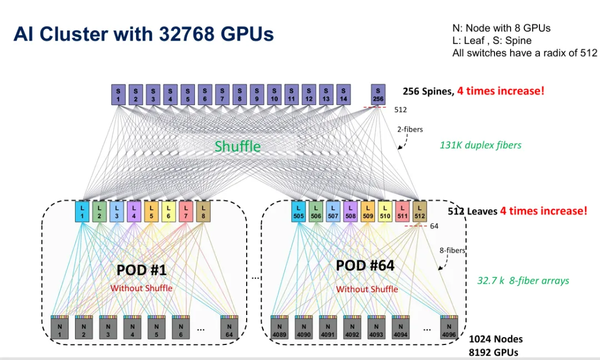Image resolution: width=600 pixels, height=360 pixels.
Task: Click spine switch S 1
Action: coord(118,95)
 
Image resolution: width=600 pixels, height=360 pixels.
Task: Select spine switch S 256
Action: coord(378,95)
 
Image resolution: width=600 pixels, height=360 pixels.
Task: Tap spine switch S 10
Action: coord(274,95)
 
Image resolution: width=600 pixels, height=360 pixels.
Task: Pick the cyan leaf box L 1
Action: coord(82,212)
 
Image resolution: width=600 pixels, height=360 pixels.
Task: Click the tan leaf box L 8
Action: coord(203,212)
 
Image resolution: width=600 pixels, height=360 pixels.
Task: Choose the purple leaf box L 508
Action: coord(351,212)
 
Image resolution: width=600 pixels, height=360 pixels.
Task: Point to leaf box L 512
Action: coord(419,212)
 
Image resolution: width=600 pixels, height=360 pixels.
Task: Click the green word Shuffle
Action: coord(238,146)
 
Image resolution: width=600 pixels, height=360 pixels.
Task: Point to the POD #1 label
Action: coord(142,270)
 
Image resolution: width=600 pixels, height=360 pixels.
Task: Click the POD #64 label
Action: coord(365,266)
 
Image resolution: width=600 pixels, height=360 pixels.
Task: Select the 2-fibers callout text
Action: coord(410,129)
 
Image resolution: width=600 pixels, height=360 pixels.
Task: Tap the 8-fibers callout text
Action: coord(452,250)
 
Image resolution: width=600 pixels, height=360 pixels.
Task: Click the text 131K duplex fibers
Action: coord(481,145)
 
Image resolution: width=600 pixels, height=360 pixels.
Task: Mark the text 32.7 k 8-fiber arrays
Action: coord(523,281)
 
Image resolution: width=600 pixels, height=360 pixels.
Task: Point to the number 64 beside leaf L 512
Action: coord(434,226)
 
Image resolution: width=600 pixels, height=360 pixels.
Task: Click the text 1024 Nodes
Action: coord(496,339)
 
